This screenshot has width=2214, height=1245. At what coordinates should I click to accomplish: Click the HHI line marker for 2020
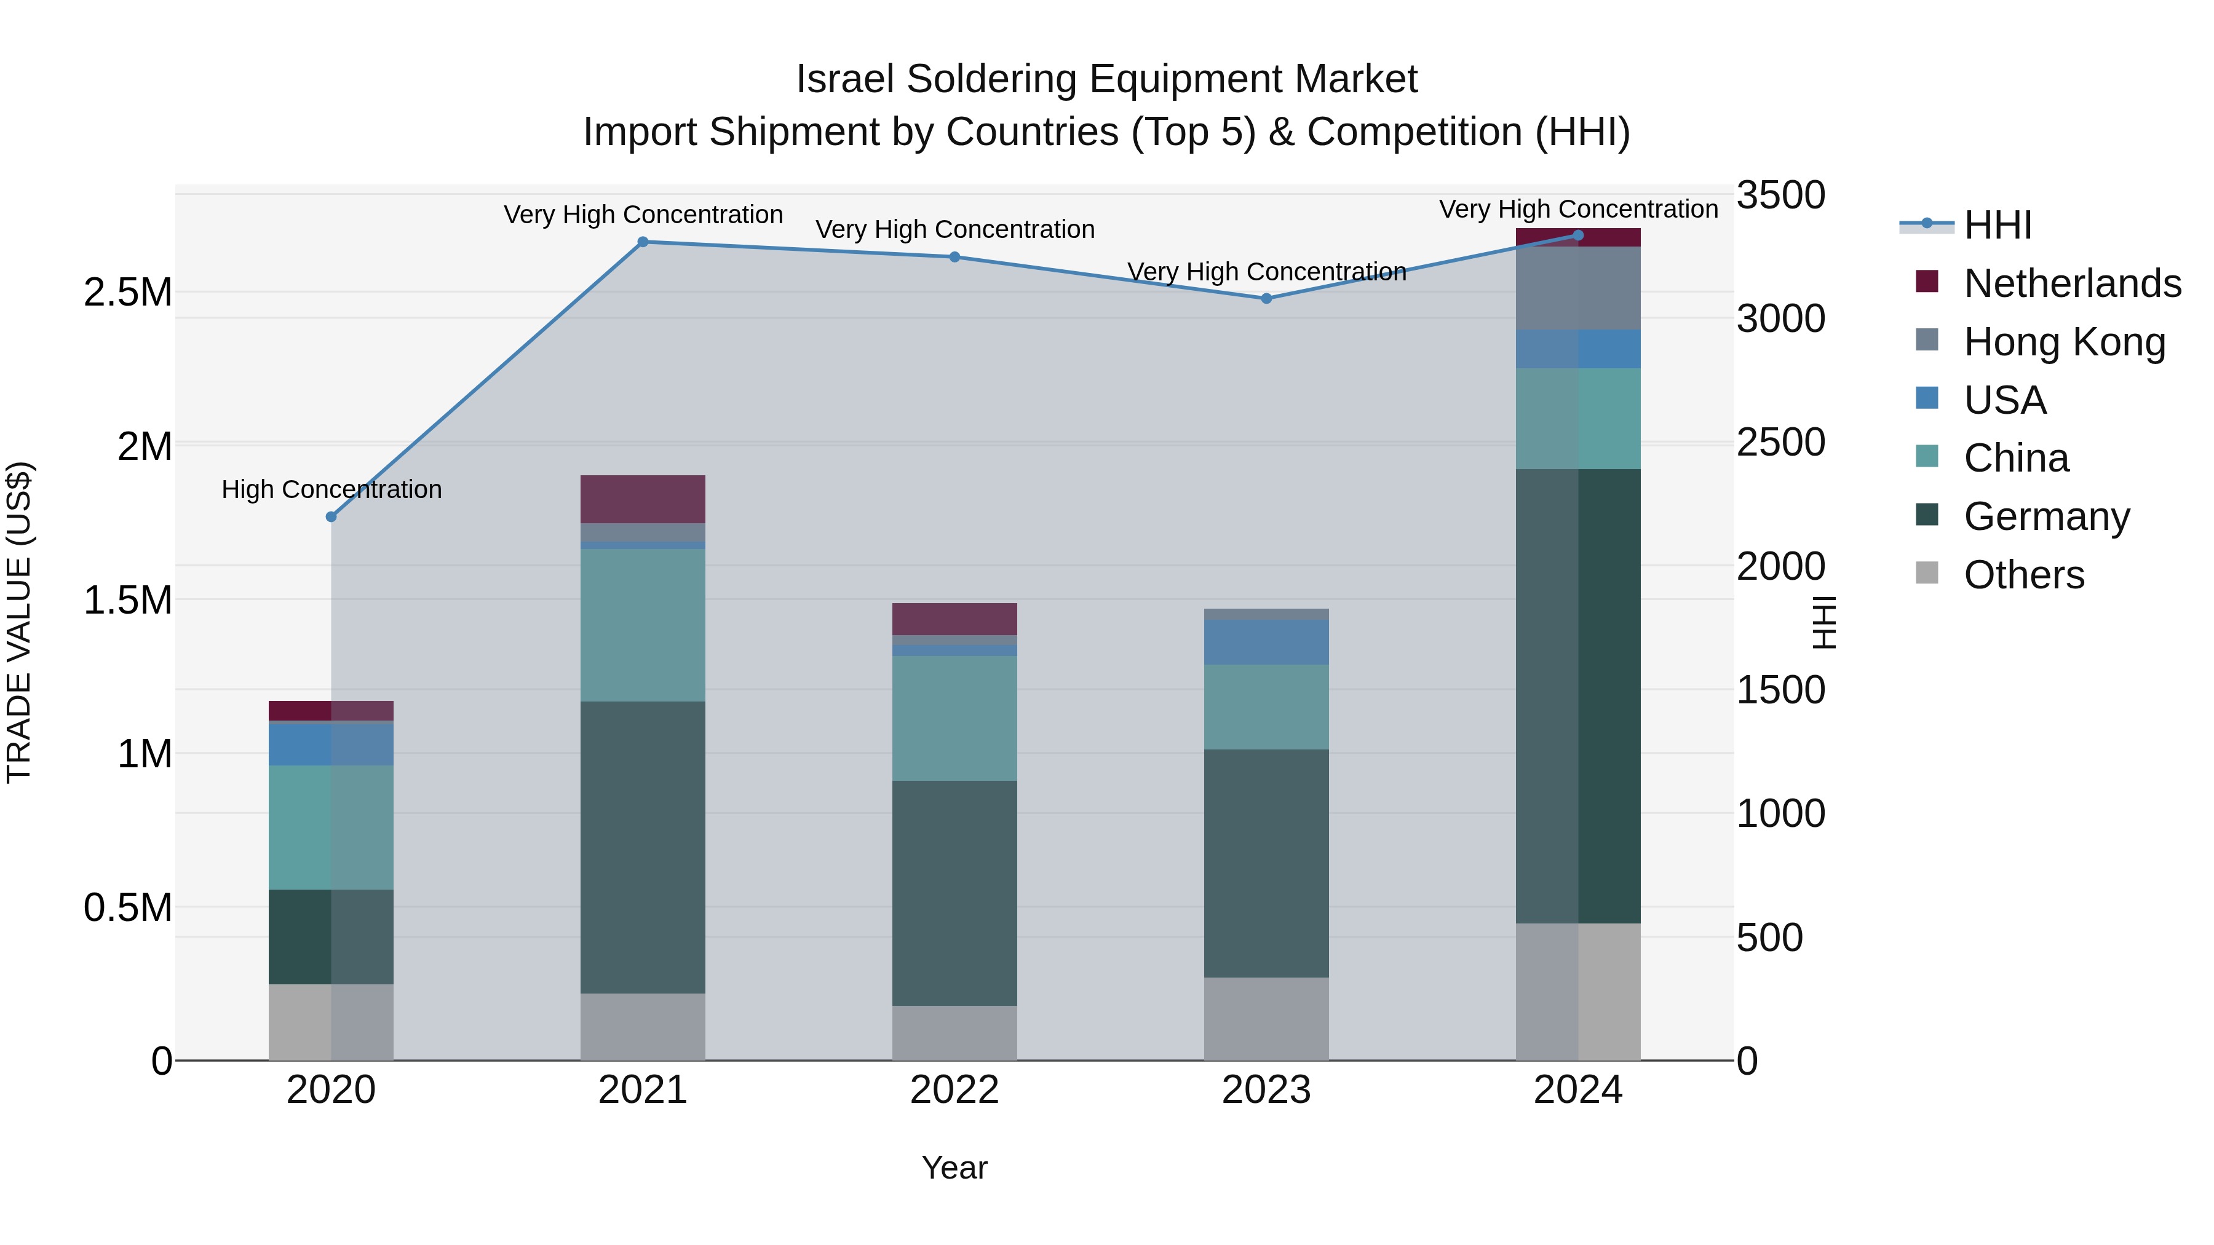(331, 516)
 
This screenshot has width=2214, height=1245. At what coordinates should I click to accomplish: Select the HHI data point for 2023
(1266, 298)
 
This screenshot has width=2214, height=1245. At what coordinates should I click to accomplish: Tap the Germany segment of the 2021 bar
(643, 847)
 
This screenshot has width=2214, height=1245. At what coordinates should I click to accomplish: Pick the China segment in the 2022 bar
(954, 717)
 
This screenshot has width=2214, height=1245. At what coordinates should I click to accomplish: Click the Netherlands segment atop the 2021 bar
(643, 499)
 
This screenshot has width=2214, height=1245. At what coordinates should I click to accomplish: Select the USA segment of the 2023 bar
(1266, 642)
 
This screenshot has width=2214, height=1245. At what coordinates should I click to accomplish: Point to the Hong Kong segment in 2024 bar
(1578, 288)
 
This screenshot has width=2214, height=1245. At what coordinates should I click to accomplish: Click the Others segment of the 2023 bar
(1266, 1018)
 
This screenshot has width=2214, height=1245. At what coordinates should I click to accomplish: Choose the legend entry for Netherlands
(2071, 283)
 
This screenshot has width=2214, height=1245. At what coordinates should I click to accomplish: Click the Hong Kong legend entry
(2063, 342)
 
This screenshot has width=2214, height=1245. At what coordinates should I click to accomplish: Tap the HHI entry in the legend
(1996, 225)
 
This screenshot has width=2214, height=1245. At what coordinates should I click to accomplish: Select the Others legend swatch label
(2023, 575)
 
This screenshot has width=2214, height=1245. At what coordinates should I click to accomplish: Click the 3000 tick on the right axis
(1780, 318)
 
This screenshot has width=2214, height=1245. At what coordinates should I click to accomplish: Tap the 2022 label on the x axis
(954, 1090)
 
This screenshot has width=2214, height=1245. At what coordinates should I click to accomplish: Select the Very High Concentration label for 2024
(1578, 209)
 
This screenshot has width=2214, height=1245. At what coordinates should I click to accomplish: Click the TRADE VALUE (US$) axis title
(19, 622)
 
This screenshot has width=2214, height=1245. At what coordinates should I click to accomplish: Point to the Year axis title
(954, 1168)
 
